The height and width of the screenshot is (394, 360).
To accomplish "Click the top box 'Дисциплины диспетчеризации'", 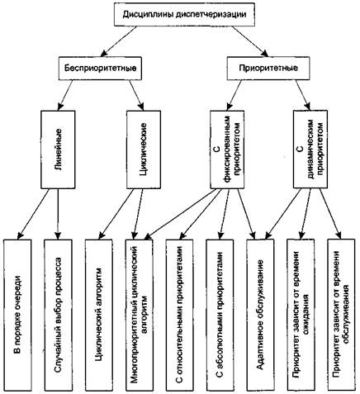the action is click(184, 14).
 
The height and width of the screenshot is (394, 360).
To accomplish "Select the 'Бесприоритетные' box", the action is click(100, 69).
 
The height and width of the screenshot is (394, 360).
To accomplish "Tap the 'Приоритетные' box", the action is click(268, 68).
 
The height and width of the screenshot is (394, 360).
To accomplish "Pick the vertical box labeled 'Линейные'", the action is click(58, 150).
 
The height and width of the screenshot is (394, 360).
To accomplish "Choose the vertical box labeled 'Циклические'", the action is click(144, 150).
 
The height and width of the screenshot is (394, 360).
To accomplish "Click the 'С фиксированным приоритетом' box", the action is click(227, 150).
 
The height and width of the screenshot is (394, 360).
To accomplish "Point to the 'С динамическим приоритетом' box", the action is click(310, 150).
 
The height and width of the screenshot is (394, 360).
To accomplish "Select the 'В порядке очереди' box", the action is click(17, 315).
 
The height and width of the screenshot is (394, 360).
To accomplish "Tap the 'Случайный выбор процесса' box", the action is click(58, 315).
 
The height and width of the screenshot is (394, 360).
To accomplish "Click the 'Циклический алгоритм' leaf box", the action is click(99, 315).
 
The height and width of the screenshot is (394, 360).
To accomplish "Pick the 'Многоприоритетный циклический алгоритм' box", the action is click(140, 315).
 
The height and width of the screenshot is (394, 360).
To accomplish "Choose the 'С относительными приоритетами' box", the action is click(180, 315).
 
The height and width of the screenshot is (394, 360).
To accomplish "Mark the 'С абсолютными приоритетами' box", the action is click(220, 315).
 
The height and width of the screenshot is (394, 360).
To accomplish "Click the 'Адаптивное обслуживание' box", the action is click(260, 315).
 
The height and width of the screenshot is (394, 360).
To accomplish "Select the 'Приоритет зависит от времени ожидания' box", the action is click(301, 315).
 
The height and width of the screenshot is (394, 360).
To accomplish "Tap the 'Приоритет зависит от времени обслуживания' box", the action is click(341, 315).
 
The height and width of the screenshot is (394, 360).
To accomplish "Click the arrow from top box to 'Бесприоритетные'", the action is click(118, 41).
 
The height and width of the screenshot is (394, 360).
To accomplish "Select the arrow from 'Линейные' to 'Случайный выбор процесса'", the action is click(58, 214).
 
